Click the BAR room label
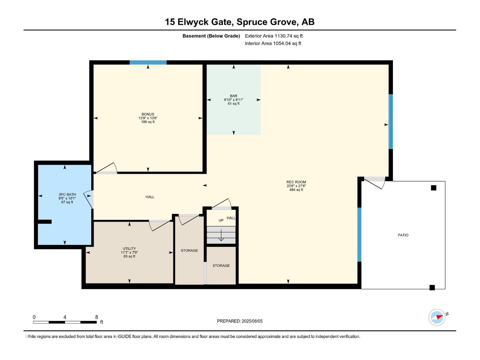233,96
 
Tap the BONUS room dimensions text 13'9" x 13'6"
148,118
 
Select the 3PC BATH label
67,194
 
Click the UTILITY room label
129,249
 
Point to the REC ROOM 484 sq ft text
296,190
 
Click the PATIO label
403,235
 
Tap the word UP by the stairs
221,220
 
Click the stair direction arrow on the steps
221,235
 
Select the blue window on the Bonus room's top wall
148,62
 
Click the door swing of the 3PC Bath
88,199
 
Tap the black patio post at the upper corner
433,188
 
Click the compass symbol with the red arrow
437,317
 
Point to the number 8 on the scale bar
97,317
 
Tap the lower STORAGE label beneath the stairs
221,266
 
